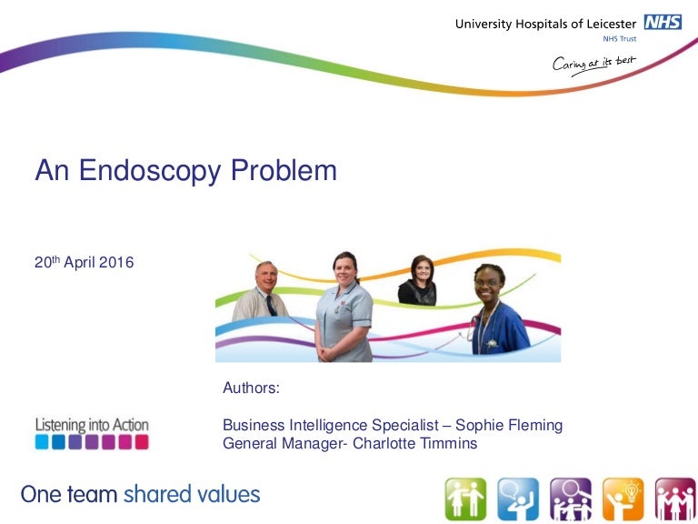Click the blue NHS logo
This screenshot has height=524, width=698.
(x=663, y=23)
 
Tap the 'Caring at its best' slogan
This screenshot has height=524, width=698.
(x=594, y=65)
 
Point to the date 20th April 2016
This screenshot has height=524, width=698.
(x=84, y=263)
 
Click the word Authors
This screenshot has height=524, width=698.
(x=251, y=388)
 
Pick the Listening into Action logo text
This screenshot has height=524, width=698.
(x=92, y=425)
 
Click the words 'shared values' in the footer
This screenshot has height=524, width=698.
(x=192, y=495)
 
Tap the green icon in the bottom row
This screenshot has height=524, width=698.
(x=465, y=499)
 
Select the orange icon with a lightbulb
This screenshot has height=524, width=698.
(x=623, y=499)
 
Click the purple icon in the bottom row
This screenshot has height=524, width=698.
(x=570, y=499)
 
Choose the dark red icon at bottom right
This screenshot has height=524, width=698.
(x=675, y=499)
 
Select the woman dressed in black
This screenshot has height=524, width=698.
(x=417, y=282)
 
